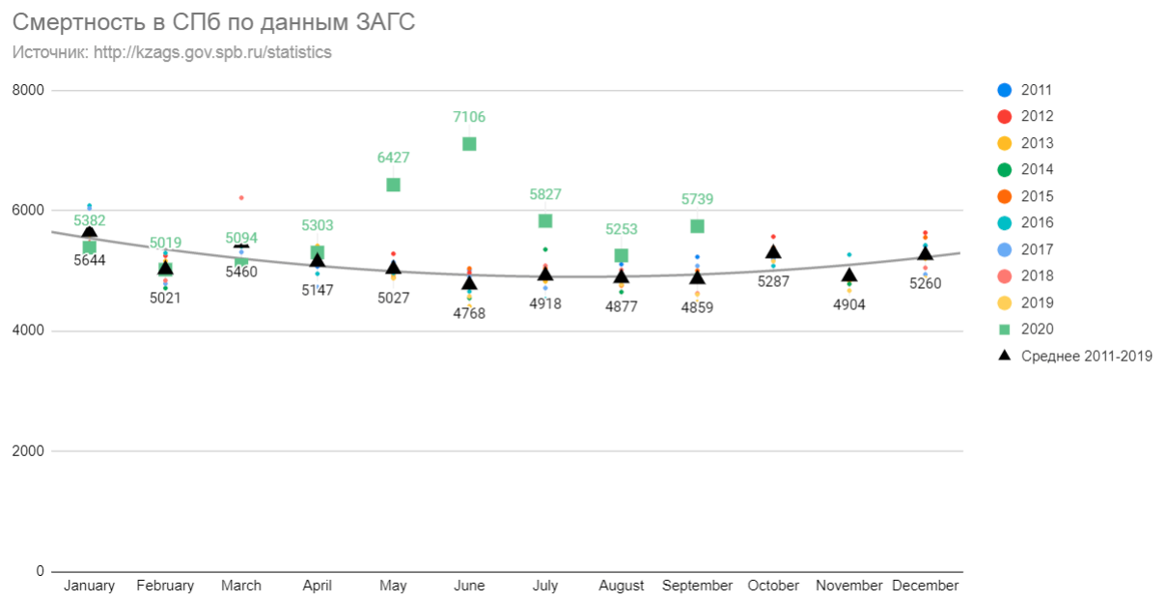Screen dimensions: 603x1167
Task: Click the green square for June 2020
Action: [469, 144]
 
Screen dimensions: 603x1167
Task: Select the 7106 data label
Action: [469, 117]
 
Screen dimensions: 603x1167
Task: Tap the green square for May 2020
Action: [393, 185]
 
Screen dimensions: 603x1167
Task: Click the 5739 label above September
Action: [697, 199]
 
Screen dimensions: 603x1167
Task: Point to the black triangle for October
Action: [773, 252]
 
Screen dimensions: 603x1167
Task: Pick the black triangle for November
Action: [849, 275]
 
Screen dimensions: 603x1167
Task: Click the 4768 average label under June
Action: [469, 313]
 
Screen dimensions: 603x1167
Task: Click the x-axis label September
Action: [697, 586]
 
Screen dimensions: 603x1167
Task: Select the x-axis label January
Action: [89, 586]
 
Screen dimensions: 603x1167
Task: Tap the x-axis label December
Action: [925, 586]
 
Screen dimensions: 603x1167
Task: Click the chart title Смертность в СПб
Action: [213, 22]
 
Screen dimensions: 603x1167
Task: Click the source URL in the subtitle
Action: [212, 52]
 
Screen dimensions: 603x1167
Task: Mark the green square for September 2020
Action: [697, 226]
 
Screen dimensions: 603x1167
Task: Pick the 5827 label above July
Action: [545, 194]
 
